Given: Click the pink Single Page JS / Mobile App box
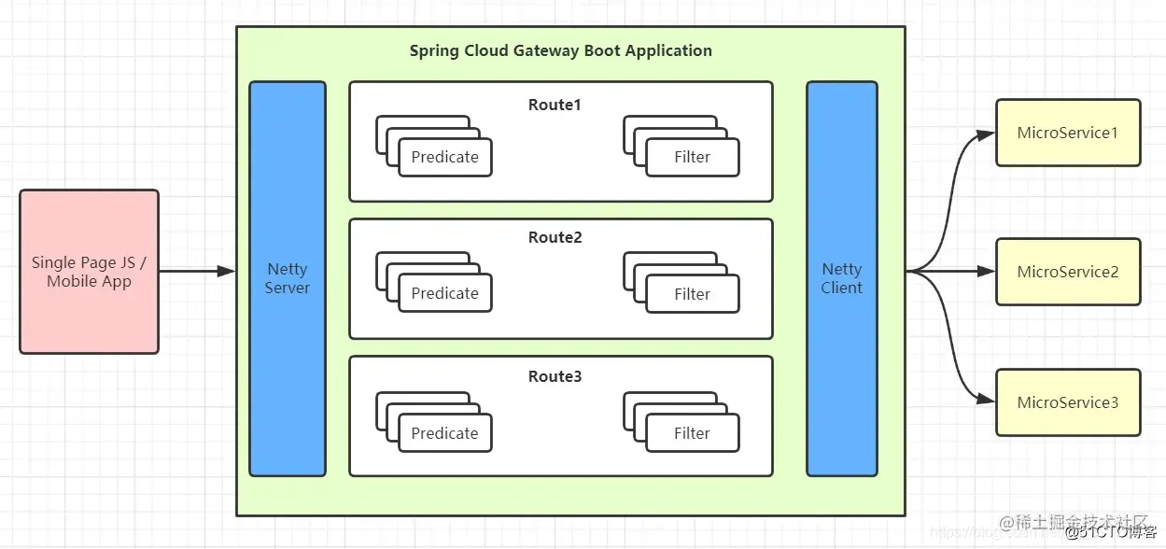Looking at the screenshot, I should pos(89,272).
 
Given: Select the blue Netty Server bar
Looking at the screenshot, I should pos(287,278).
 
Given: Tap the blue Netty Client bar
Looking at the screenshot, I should pos(841,278).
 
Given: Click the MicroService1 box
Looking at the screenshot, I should pos(1068,133).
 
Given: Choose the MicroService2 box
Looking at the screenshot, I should pos(1068,272).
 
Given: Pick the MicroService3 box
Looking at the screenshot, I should pos(1068,402).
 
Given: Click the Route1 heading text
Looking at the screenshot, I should pos(555,105).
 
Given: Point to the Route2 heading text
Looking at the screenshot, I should pos(555,237).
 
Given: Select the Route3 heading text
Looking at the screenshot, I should pos(555,376).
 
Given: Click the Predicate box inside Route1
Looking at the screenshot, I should pos(444,158).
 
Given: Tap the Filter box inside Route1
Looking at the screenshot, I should pos(692,158).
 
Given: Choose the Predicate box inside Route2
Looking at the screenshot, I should pos(444,294).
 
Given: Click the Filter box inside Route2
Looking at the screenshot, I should pos(692,294).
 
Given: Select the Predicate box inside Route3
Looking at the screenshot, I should pos(444,434).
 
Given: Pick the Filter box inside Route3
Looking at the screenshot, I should pos(692,434).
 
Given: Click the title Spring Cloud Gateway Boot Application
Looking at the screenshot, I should pos(560,50).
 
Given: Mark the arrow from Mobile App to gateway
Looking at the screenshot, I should pos(196,272).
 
